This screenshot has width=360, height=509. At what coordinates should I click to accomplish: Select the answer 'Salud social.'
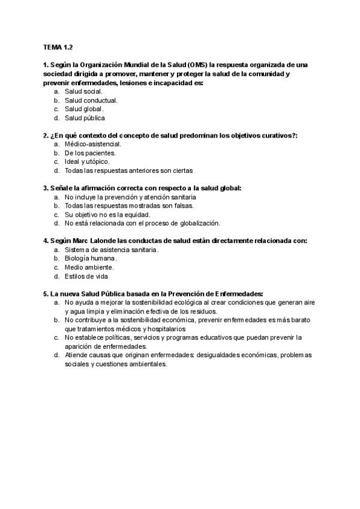pos(83,91)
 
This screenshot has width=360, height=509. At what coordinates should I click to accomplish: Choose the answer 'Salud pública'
pos(85,118)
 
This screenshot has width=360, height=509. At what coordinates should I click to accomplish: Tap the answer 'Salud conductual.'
pos(91,100)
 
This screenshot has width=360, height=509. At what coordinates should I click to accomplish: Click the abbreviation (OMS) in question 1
pos(197,64)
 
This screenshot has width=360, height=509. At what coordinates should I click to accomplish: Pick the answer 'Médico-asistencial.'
pos(93,144)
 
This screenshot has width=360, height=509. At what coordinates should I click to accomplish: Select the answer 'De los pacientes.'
pos(90,153)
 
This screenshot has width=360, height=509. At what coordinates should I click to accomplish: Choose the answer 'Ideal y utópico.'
pos(88,162)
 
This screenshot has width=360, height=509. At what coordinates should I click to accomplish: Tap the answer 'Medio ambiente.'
pos(89,267)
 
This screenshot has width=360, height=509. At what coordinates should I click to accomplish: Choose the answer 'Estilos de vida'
pos(87,276)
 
